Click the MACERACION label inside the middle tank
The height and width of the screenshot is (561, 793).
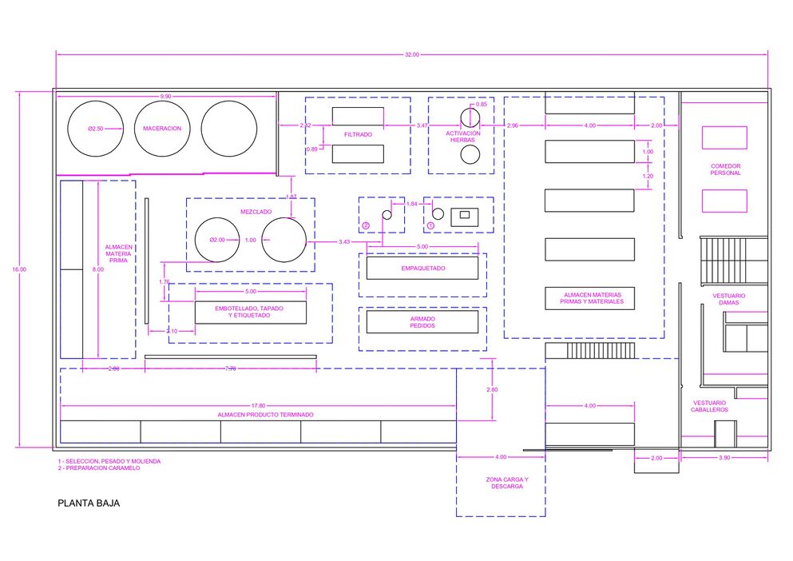tap(162, 129)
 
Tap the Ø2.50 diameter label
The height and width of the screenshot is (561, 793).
tap(95, 129)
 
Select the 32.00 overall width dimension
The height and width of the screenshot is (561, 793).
tap(411, 54)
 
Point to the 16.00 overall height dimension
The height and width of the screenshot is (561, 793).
tap(19, 269)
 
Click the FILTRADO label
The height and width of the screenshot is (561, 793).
tap(358, 135)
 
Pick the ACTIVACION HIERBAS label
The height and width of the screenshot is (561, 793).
tap(462, 137)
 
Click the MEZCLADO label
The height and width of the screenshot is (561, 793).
tap(256, 212)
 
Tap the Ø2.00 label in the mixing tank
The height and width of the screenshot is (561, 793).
tap(217, 240)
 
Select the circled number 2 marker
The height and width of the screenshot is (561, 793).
tap(367, 225)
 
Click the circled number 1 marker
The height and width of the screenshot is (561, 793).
tap(431, 225)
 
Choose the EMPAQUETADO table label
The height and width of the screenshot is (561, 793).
tap(423, 269)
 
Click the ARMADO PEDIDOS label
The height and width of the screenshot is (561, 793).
tap(422, 322)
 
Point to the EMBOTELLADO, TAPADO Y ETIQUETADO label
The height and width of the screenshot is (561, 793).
tap(249, 312)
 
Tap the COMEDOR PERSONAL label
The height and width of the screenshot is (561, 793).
tap(725, 169)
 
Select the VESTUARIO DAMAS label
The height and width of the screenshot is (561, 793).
tap(729, 299)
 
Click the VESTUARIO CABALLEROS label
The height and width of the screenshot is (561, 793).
tap(710, 406)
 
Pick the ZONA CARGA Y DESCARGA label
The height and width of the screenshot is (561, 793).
tap(507, 483)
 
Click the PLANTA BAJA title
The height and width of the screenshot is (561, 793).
tap(89, 503)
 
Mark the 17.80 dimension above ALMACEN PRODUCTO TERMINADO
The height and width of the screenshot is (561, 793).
tap(258, 405)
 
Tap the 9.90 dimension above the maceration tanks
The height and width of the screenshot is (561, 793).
tap(165, 96)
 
